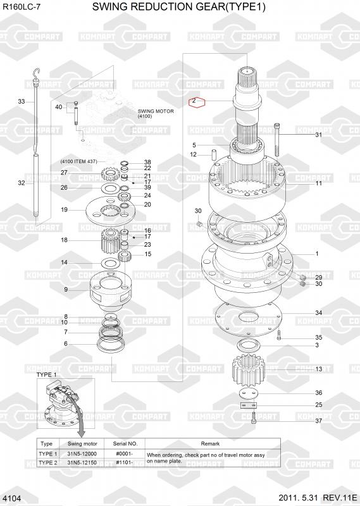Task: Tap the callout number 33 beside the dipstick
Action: (x=22, y=102)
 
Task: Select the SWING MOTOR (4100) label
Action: (x=156, y=114)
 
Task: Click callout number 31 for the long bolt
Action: (x=318, y=135)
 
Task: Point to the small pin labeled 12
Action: (x=213, y=154)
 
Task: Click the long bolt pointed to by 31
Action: (x=276, y=139)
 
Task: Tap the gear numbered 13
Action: (x=248, y=371)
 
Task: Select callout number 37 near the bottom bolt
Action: (x=318, y=421)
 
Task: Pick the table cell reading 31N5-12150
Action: (x=82, y=462)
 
